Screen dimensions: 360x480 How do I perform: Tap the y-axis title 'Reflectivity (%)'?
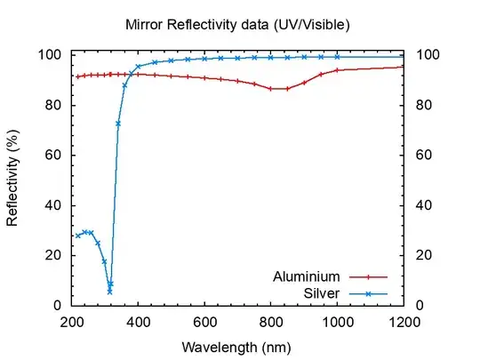[x=13, y=180]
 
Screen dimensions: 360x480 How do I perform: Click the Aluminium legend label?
[x=306, y=276]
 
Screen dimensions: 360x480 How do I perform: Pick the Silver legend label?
[x=320, y=292]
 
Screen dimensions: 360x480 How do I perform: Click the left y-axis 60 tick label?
[x=54, y=155]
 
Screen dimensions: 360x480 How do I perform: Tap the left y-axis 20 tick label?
[x=54, y=255]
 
